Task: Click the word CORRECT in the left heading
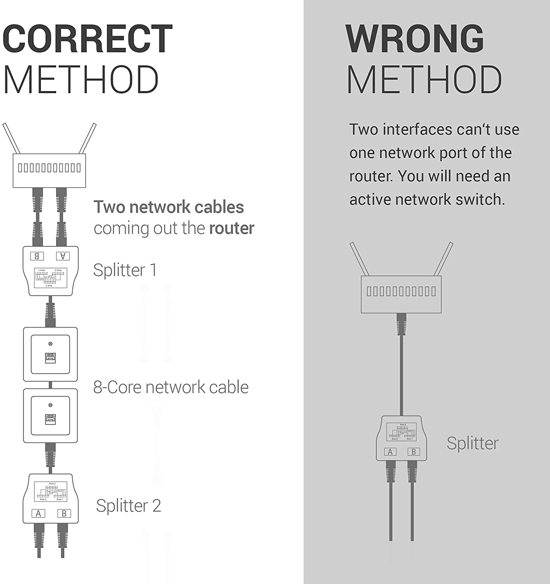pyautogui.click(x=87, y=39)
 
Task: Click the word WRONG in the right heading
pyautogui.click(x=414, y=39)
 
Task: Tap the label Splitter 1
pyautogui.click(x=125, y=270)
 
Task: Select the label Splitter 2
pyautogui.click(x=128, y=506)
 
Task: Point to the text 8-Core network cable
pyautogui.click(x=171, y=387)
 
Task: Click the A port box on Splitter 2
pyautogui.click(x=38, y=514)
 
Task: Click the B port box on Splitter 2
pyautogui.click(x=64, y=514)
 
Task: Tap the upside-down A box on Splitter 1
pyautogui.click(x=63, y=256)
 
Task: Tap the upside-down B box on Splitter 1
pyautogui.click(x=37, y=256)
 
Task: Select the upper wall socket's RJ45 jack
pyautogui.click(x=50, y=358)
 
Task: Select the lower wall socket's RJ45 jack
pyautogui.click(x=50, y=419)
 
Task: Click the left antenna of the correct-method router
pyautogui.click(x=11, y=138)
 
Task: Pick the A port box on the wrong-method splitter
pyautogui.click(x=390, y=452)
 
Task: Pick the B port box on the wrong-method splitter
pyautogui.click(x=414, y=452)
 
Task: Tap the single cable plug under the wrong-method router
pyautogui.click(x=402, y=324)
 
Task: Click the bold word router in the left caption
pyautogui.click(x=231, y=228)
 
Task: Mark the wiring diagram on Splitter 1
pyautogui.click(x=50, y=278)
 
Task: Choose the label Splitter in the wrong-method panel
pyautogui.click(x=472, y=443)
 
